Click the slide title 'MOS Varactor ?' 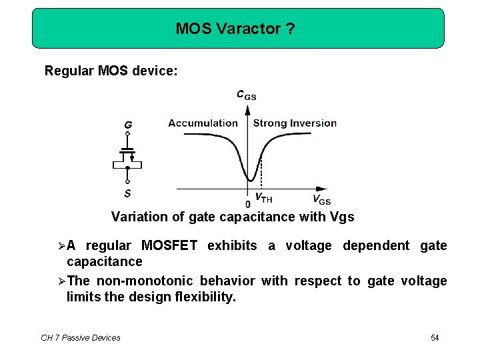[235, 29]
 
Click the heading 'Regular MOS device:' [111, 70]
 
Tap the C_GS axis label [246, 95]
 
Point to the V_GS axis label [321, 199]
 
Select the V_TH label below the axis [264, 199]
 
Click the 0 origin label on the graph [248, 203]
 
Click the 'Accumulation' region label [203, 123]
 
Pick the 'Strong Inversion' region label [295, 123]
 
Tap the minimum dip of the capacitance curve [251, 179]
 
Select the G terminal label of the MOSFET [128, 125]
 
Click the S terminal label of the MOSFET [128, 193]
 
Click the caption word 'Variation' [135, 217]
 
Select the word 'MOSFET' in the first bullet [169, 245]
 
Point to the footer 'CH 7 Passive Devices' [81, 338]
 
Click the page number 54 [435, 338]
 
